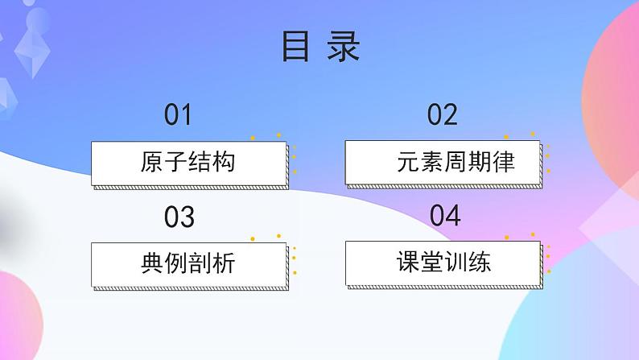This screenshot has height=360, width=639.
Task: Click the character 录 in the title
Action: [343, 48]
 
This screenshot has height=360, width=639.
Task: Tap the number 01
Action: [178, 115]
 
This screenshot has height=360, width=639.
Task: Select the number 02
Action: [442, 115]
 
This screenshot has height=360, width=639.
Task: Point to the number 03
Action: [179, 217]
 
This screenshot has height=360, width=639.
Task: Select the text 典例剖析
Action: [188, 263]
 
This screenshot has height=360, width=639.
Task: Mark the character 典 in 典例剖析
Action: [152, 263]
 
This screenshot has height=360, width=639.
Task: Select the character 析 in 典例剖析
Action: [224, 263]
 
